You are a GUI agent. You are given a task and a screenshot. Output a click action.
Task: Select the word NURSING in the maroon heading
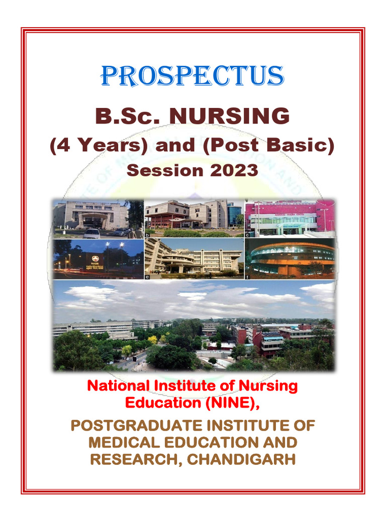pos(229,116)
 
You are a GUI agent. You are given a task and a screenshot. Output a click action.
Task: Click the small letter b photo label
pos(147,234)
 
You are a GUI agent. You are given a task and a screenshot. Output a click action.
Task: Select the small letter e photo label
pos(147,276)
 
